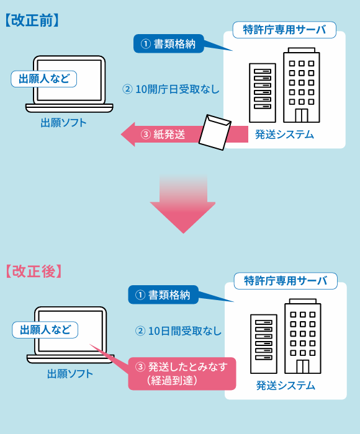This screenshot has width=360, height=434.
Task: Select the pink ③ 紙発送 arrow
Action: pyautogui.click(x=161, y=134)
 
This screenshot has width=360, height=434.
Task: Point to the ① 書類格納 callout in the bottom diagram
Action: pyautogui.click(x=163, y=294)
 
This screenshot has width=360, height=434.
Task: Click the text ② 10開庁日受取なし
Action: pyautogui.click(x=171, y=89)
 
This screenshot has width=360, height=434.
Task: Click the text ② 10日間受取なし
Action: pyautogui.click(x=178, y=330)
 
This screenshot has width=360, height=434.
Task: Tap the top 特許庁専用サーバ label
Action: pyautogui.click(x=284, y=29)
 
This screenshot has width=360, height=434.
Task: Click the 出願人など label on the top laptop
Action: pyautogui.click(x=44, y=79)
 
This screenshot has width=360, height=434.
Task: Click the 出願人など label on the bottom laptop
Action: pyautogui.click(x=45, y=329)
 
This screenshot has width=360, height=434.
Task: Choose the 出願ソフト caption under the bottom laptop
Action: pyautogui.click(x=70, y=373)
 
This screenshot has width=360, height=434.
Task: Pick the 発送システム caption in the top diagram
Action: pyautogui.click(x=284, y=135)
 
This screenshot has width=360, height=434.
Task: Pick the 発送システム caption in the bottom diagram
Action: pyautogui.click(x=286, y=386)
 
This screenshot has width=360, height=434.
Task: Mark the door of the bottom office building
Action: pyautogui.click(x=302, y=366)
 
